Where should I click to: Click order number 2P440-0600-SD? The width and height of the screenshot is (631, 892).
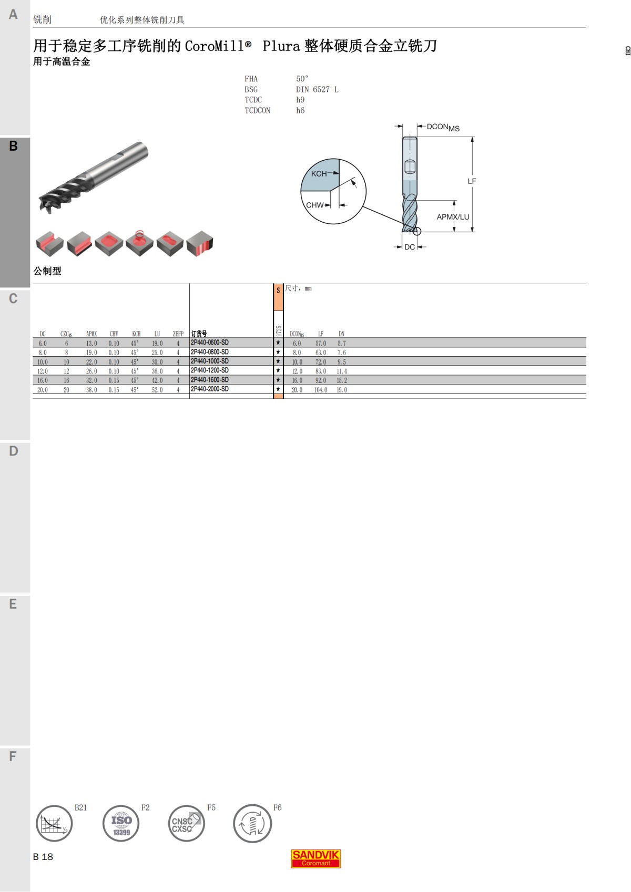pos(210,343)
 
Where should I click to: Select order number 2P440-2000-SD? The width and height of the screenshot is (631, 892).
pos(210,389)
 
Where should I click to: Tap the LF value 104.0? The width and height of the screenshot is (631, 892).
pos(320,390)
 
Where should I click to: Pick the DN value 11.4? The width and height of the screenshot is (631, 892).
pos(342,371)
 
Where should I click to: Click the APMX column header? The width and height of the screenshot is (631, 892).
pos(91,334)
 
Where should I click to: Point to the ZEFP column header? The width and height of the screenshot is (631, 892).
pos(178,334)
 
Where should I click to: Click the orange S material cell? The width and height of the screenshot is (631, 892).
pos(278,297)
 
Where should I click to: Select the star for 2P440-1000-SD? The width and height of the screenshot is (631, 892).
pos(278,361)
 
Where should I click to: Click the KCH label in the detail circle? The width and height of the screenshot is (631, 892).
pos(319,174)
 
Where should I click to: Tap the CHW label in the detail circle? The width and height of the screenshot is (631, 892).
pos(314,205)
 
